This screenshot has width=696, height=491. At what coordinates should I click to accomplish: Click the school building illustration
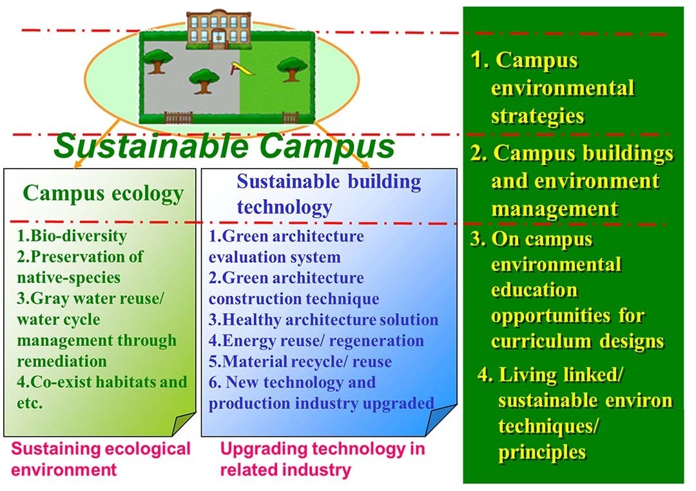click(218, 28)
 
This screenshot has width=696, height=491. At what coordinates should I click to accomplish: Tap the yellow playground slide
click(242, 68)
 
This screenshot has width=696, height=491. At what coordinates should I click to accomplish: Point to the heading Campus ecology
click(103, 193)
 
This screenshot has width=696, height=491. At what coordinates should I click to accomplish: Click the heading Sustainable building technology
click(329, 194)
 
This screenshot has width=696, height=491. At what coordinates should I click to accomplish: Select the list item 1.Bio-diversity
click(72, 235)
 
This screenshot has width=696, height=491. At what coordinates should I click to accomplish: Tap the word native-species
click(69, 278)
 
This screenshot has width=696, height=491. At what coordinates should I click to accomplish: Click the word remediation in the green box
click(62, 361)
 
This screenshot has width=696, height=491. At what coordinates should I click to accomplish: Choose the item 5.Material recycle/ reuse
click(300, 361)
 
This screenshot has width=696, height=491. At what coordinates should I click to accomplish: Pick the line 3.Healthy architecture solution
click(323, 320)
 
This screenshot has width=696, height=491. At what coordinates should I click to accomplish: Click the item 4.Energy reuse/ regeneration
click(316, 340)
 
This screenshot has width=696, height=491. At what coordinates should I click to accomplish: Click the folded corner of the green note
click(182, 423)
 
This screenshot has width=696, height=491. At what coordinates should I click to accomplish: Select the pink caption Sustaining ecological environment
click(101, 459)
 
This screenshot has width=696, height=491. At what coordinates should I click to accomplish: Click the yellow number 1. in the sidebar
click(480, 59)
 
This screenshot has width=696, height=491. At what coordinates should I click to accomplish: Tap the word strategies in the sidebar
click(537, 117)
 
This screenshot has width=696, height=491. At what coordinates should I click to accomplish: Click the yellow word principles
click(542, 452)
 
